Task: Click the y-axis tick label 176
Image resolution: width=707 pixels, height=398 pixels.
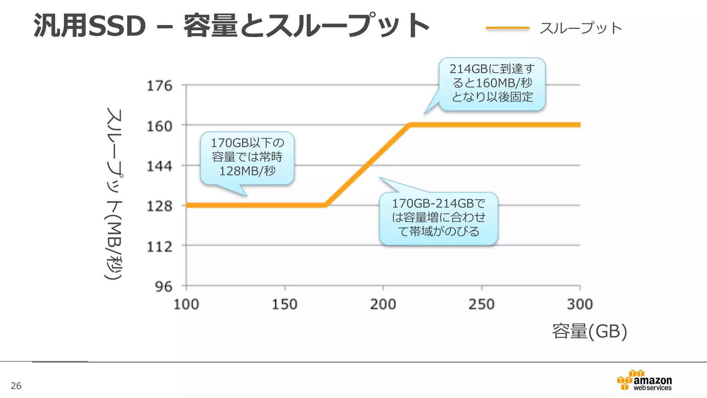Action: [159, 86]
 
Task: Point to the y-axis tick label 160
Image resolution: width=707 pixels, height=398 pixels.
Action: [159, 126]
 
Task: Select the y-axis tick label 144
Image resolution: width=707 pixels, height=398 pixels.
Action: [159, 167]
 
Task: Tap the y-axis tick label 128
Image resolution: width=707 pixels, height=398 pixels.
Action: [159, 206]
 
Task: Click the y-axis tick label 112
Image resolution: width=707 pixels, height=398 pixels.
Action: [159, 247]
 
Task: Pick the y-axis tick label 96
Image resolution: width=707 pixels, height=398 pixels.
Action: [163, 287]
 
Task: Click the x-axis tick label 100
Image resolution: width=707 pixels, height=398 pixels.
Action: [186, 304]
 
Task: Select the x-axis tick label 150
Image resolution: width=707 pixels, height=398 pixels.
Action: [284, 304]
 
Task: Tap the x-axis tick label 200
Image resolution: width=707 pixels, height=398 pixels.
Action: [383, 304]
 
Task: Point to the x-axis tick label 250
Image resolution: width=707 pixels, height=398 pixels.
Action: [481, 304]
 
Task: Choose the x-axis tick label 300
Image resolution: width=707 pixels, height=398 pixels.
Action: [580, 304]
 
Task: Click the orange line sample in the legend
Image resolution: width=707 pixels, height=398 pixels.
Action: [507, 28]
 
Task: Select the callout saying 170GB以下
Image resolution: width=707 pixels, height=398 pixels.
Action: [247, 158]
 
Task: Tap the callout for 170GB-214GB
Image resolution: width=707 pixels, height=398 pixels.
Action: [438, 218]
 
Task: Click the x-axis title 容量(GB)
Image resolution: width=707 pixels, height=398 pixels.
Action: [589, 331]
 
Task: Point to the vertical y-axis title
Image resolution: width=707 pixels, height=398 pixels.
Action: [114, 193]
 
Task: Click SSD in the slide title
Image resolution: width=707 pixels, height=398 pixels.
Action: [117, 26]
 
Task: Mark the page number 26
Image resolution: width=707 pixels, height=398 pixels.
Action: [16, 386]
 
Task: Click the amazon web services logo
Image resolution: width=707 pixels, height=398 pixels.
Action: [644, 381]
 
